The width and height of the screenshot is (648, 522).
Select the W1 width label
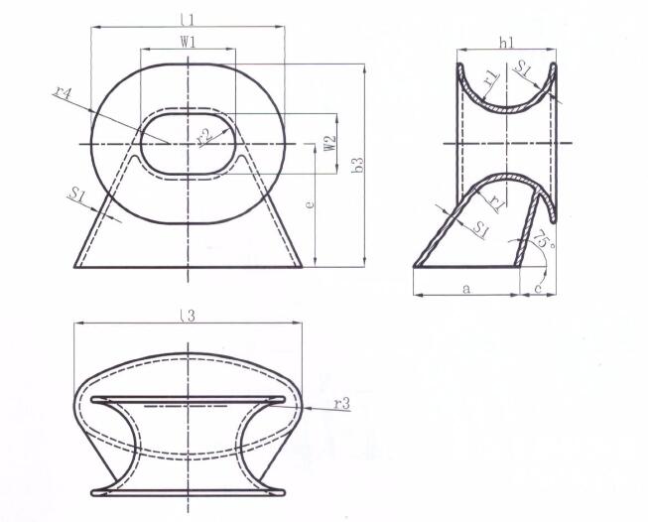pyautogui.click(x=187, y=42)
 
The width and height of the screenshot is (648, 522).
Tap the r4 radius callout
pyautogui.click(x=64, y=94)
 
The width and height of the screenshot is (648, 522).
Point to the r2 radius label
pyautogui.click(x=203, y=136)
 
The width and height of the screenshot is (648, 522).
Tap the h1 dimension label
pyautogui.click(x=506, y=43)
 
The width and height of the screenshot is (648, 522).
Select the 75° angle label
pyautogui.click(x=542, y=239)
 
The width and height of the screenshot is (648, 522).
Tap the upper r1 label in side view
pyautogui.click(x=491, y=74)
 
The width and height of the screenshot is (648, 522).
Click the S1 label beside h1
pyautogui.click(x=525, y=67)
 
